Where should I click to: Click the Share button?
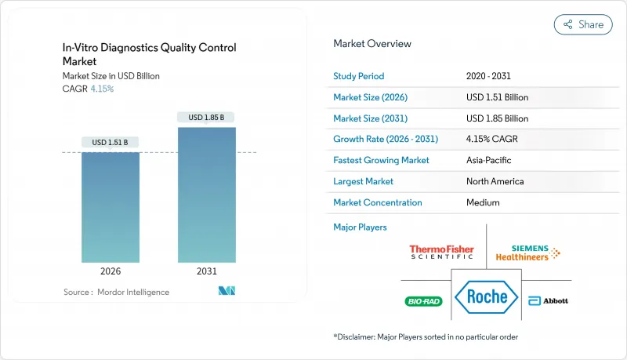click(583, 24)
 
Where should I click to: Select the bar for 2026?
click(111, 207)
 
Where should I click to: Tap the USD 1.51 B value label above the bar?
click(111, 142)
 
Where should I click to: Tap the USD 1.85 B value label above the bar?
click(207, 118)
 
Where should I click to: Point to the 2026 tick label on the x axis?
click(111, 271)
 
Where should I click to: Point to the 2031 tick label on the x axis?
click(206, 271)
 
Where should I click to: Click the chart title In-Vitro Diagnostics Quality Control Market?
click(149, 53)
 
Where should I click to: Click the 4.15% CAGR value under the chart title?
click(101, 89)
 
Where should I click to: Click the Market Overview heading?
click(372, 44)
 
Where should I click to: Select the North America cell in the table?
click(495, 181)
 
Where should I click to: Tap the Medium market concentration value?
click(483, 202)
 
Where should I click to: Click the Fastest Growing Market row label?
click(381, 160)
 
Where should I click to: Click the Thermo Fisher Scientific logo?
click(441, 253)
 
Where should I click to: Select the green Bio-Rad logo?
click(424, 301)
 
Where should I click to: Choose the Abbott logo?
click(549, 301)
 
